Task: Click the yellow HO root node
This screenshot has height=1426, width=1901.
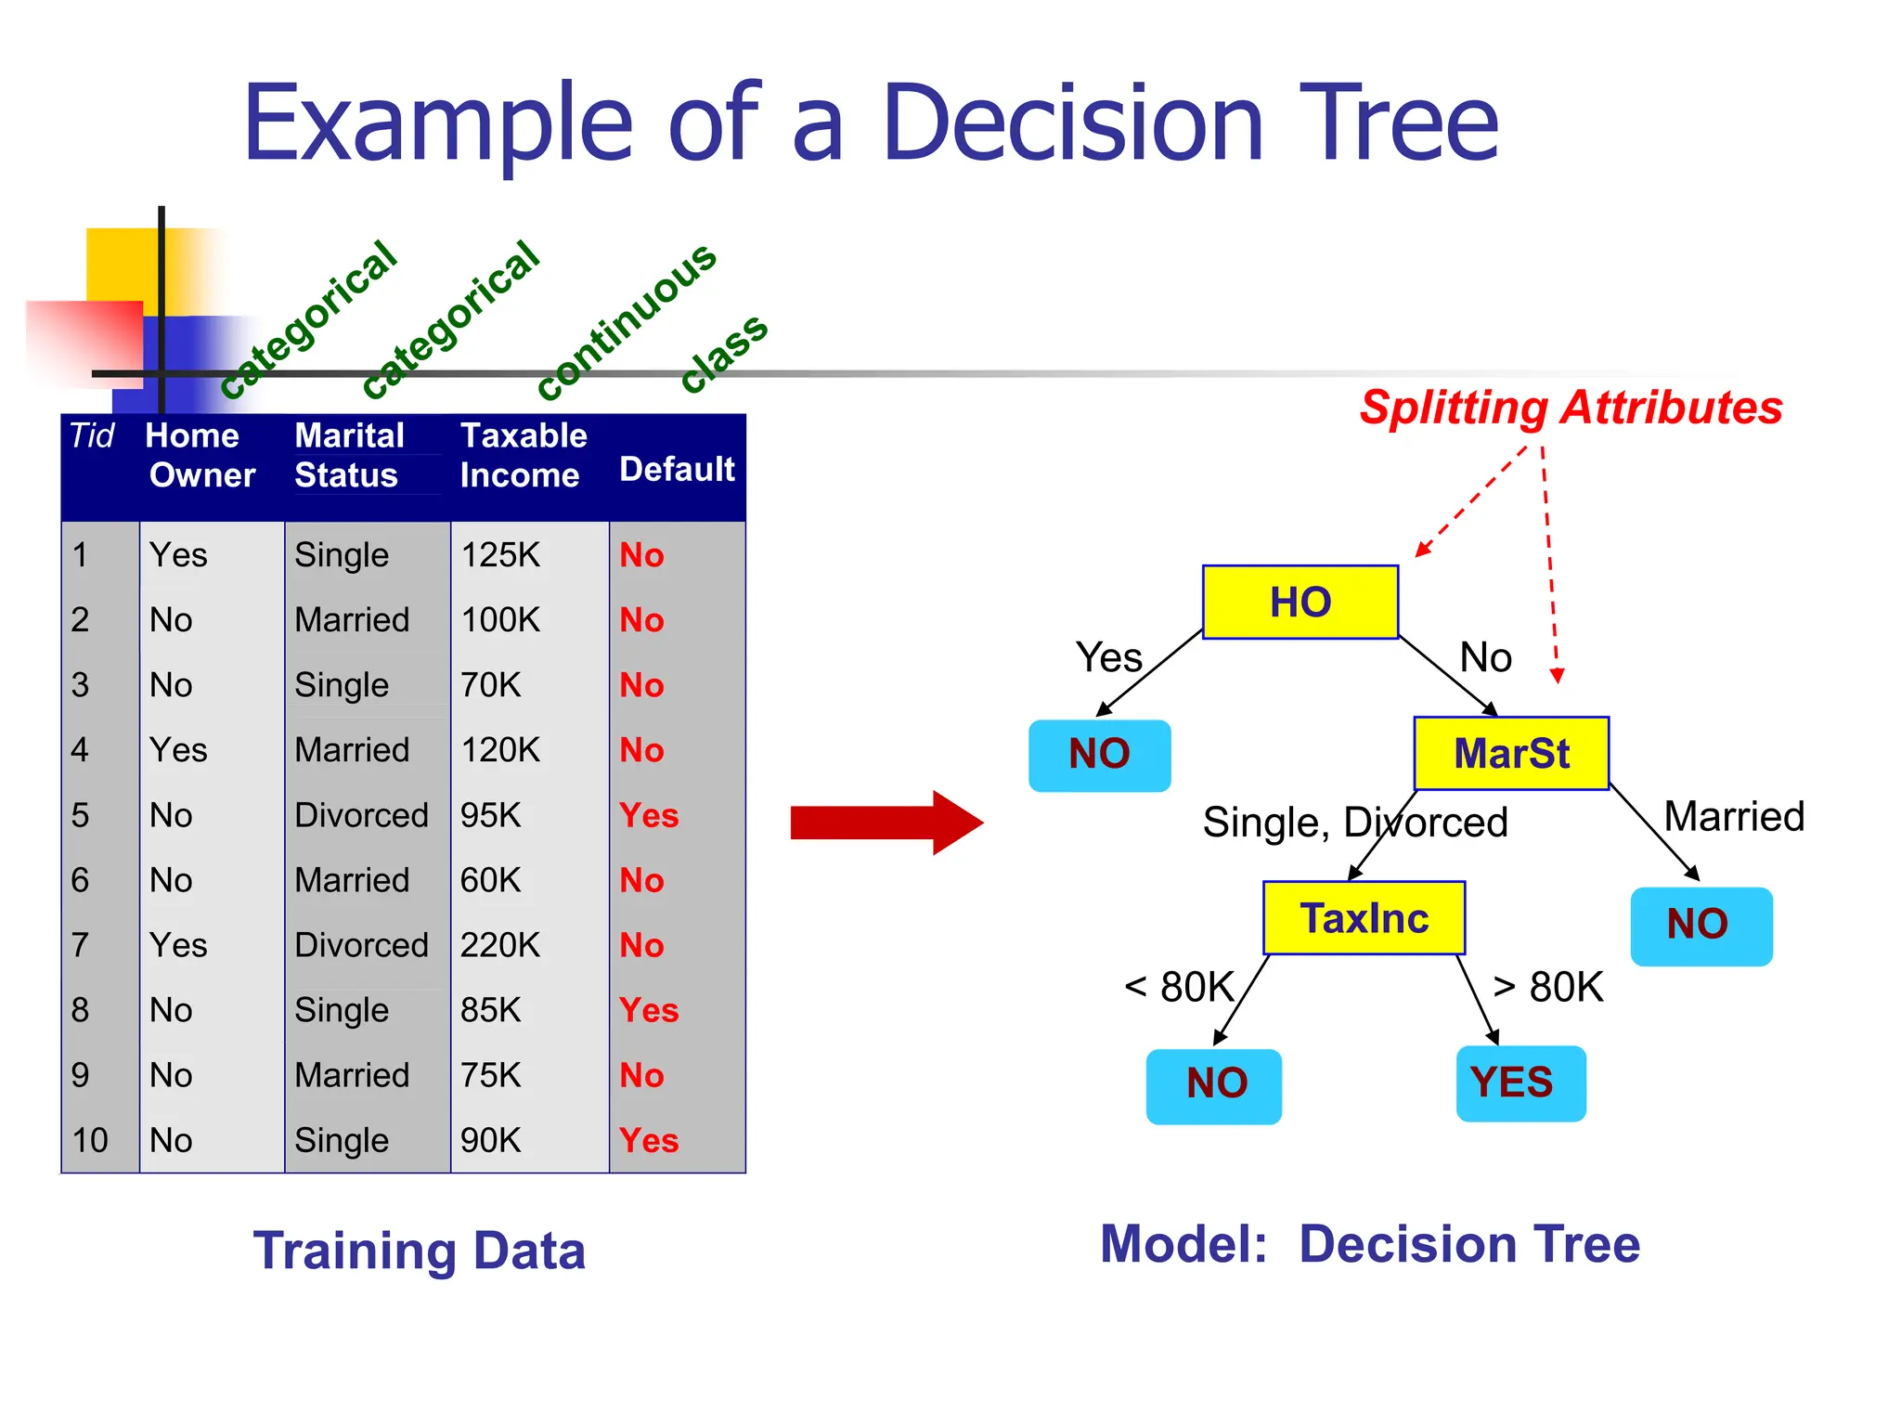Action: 1300,602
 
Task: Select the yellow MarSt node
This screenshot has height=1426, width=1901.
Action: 1510,753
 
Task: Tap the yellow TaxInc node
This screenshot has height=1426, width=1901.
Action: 1364,918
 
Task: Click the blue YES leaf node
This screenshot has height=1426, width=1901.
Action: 1520,1083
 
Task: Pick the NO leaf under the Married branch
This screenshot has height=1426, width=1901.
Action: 1701,926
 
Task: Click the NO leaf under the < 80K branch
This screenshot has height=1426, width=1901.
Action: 1213,1085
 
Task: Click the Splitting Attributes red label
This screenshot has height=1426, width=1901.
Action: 1571,408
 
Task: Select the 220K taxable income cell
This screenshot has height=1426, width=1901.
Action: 499,945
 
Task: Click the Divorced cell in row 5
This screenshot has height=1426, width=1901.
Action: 361,815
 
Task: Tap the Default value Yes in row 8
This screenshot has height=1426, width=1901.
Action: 649,1010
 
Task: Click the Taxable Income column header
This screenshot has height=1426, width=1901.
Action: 523,455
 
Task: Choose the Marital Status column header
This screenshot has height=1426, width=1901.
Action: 349,455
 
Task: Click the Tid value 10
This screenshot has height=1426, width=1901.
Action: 90,1140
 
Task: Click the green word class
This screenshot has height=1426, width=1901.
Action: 723,352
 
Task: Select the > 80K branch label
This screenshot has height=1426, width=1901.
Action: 1547,986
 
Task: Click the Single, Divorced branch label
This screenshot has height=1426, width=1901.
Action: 1354,823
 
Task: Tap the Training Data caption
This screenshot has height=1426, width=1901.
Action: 419,1251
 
